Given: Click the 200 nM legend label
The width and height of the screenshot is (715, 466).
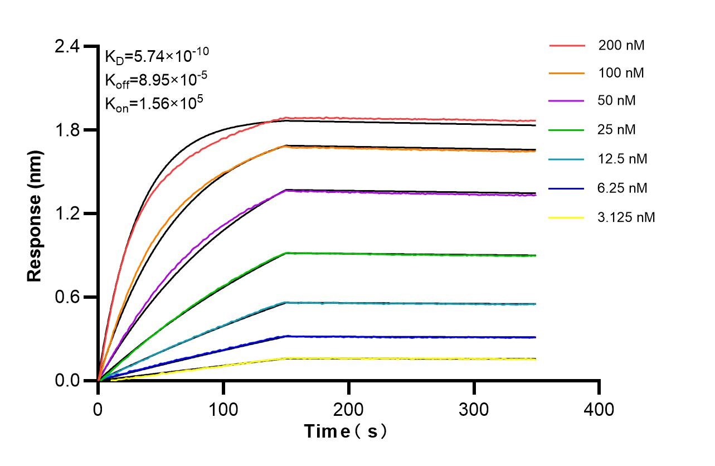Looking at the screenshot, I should [621, 45].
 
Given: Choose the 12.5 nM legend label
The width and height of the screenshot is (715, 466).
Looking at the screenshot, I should [622, 159].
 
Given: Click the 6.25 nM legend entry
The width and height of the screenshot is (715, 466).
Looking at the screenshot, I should [622, 188].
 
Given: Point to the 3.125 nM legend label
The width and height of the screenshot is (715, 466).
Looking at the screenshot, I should [626, 217].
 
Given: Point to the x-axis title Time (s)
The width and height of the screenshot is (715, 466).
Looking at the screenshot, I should [346, 431].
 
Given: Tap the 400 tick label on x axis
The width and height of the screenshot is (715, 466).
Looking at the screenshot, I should [599, 410].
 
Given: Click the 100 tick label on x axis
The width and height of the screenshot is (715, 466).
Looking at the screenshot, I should [223, 410].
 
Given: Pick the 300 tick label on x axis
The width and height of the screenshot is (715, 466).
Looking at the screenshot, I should [474, 410].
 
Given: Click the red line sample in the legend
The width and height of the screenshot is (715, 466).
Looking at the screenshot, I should [567, 45].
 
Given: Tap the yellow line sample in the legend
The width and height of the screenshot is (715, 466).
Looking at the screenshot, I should [567, 217].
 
